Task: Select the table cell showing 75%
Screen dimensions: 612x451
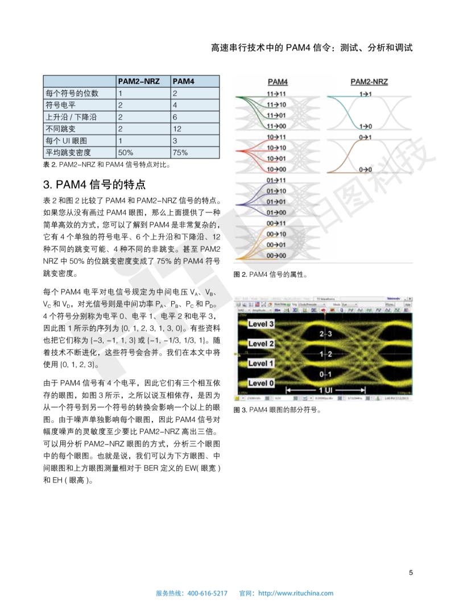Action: pyautogui.click(x=180, y=152)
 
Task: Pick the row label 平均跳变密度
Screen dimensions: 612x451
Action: pyautogui.click(x=68, y=152)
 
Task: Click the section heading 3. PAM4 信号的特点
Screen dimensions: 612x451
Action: pyautogui.click(x=94, y=185)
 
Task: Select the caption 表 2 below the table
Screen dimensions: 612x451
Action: pyautogui.click(x=106, y=165)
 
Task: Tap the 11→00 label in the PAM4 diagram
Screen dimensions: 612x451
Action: pyautogui.click(x=276, y=126)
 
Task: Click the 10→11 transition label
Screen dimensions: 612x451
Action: pyautogui.click(x=276, y=137)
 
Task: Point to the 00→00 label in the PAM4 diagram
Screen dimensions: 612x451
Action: pyautogui.click(x=276, y=256)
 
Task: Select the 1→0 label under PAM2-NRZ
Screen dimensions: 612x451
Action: pyautogui.click(x=366, y=126)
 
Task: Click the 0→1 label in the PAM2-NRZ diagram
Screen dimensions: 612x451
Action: pyautogui.click(x=366, y=137)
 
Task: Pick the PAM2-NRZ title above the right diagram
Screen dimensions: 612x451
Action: pyautogui.click(x=369, y=82)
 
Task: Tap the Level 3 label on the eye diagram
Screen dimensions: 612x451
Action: pyautogui.click(x=261, y=324)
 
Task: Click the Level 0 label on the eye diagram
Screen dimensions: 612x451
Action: pyautogui.click(x=261, y=384)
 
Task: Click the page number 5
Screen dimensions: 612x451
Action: pyautogui.click(x=411, y=572)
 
